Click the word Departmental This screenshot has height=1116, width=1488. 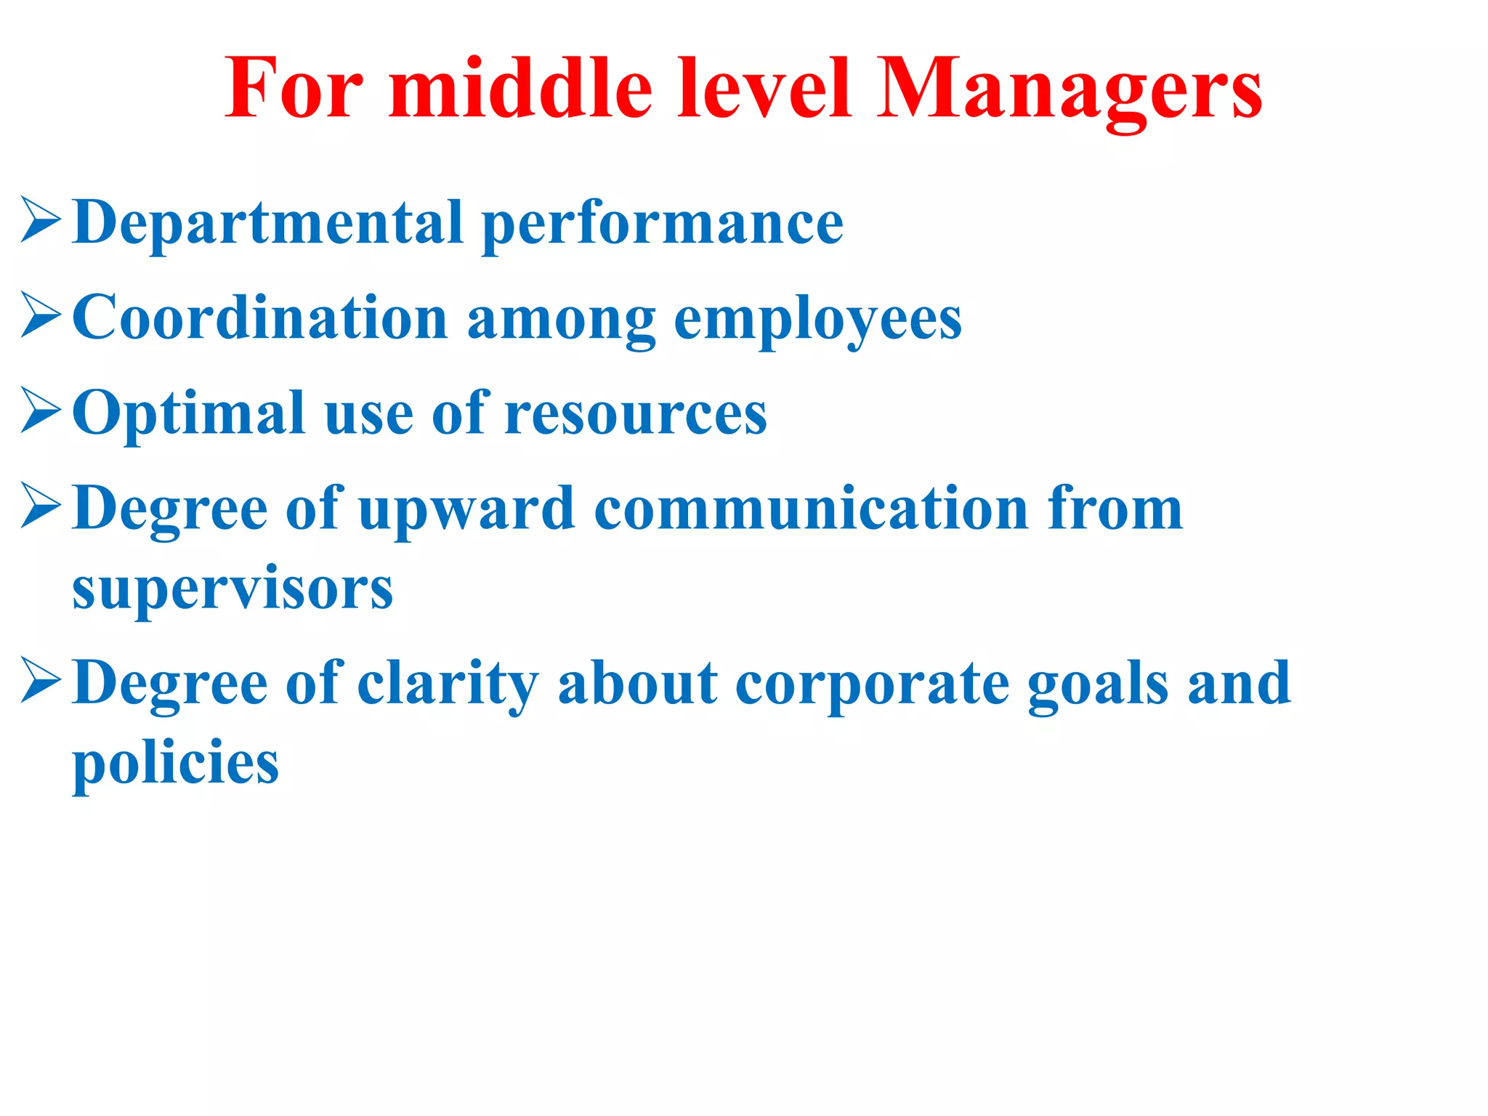coord(267,224)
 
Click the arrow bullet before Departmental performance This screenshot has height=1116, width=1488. coord(40,219)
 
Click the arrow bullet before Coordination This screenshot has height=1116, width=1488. coord(40,315)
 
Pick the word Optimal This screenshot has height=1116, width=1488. coord(188,414)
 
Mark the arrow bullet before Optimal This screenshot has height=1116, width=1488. coord(40,411)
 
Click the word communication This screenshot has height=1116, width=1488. coord(811,509)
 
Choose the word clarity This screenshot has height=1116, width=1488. coord(448,684)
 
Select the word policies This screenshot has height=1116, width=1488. coord(176,764)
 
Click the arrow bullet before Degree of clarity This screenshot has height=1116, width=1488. coord(40,680)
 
